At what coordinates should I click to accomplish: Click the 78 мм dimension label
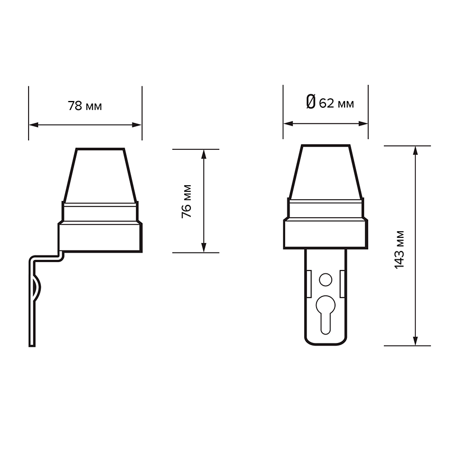click(x=85, y=106)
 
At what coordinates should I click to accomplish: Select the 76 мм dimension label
click(x=186, y=201)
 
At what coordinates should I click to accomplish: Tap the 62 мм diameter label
click(x=336, y=103)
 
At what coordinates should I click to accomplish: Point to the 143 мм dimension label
click(x=399, y=250)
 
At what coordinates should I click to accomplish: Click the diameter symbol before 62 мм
click(x=311, y=102)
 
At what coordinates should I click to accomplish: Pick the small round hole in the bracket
click(x=326, y=280)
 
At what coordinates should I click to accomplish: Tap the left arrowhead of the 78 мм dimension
click(x=34, y=125)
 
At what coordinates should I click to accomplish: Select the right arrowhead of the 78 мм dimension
click(x=136, y=125)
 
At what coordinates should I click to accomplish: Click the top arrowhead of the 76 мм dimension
click(x=204, y=154)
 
